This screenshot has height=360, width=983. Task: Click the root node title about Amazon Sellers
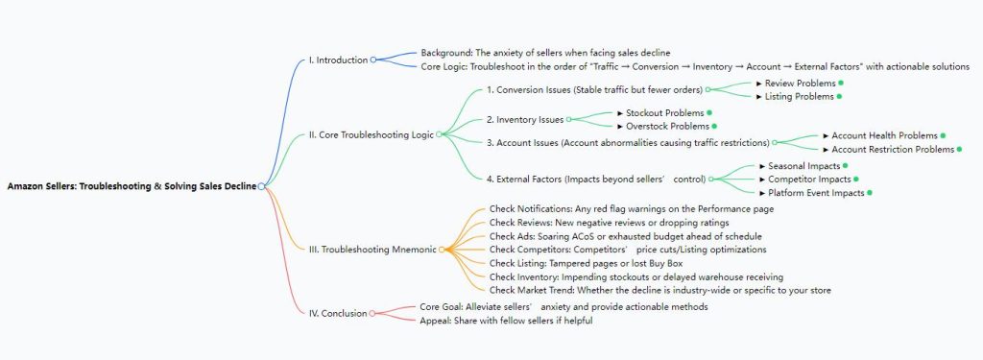(x=132, y=186)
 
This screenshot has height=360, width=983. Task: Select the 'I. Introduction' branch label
(x=338, y=60)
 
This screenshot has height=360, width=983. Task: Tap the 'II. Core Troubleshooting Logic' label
(x=372, y=133)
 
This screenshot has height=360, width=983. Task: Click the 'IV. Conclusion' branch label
(x=337, y=313)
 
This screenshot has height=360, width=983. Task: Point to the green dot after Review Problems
(x=840, y=83)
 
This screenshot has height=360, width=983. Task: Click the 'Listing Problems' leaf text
(x=799, y=96)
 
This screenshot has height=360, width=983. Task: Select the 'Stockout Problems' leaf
(x=663, y=112)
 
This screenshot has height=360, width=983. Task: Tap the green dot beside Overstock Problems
(x=714, y=126)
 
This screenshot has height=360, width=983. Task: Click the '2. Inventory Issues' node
(x=524, y=119)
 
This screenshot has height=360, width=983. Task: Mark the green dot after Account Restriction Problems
(x=959, y=149)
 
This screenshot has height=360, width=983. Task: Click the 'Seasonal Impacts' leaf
(x=799, y=166)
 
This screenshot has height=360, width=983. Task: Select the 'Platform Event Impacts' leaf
(x=814, y=193)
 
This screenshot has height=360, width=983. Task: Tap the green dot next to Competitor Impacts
(x=855, y=180)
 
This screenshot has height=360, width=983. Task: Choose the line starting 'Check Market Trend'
(x=659, y=289)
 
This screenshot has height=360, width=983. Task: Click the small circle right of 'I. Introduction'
(x=373, y=60)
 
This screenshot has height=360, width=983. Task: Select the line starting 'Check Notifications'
(x=632, y=208)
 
